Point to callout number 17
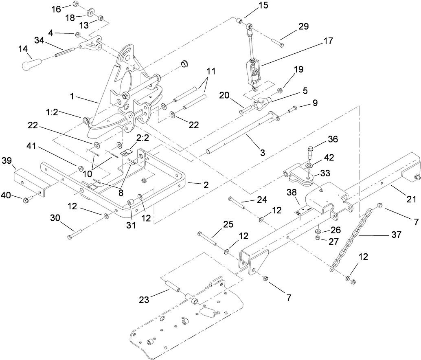(329, 41)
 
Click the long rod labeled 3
(240, 134)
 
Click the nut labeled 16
(76, 4)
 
